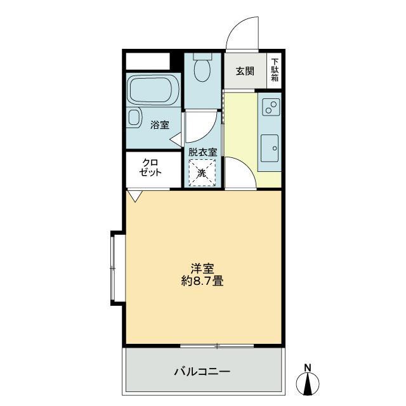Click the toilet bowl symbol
point(202,67)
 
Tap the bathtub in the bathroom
point(154,89)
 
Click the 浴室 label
point(160,125)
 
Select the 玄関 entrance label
point(245,71)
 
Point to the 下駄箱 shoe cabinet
point(274,70)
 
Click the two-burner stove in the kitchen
point(271,107)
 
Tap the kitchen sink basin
point(270,148)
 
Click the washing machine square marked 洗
point(202,173)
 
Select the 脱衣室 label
point(202,152)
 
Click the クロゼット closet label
point(150,167)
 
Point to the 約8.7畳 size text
point(202,280)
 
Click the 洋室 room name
point(202,268)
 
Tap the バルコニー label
point(202,372)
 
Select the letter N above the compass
point(308,367)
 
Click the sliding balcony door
point(217,346)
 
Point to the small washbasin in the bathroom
point(134,118)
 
